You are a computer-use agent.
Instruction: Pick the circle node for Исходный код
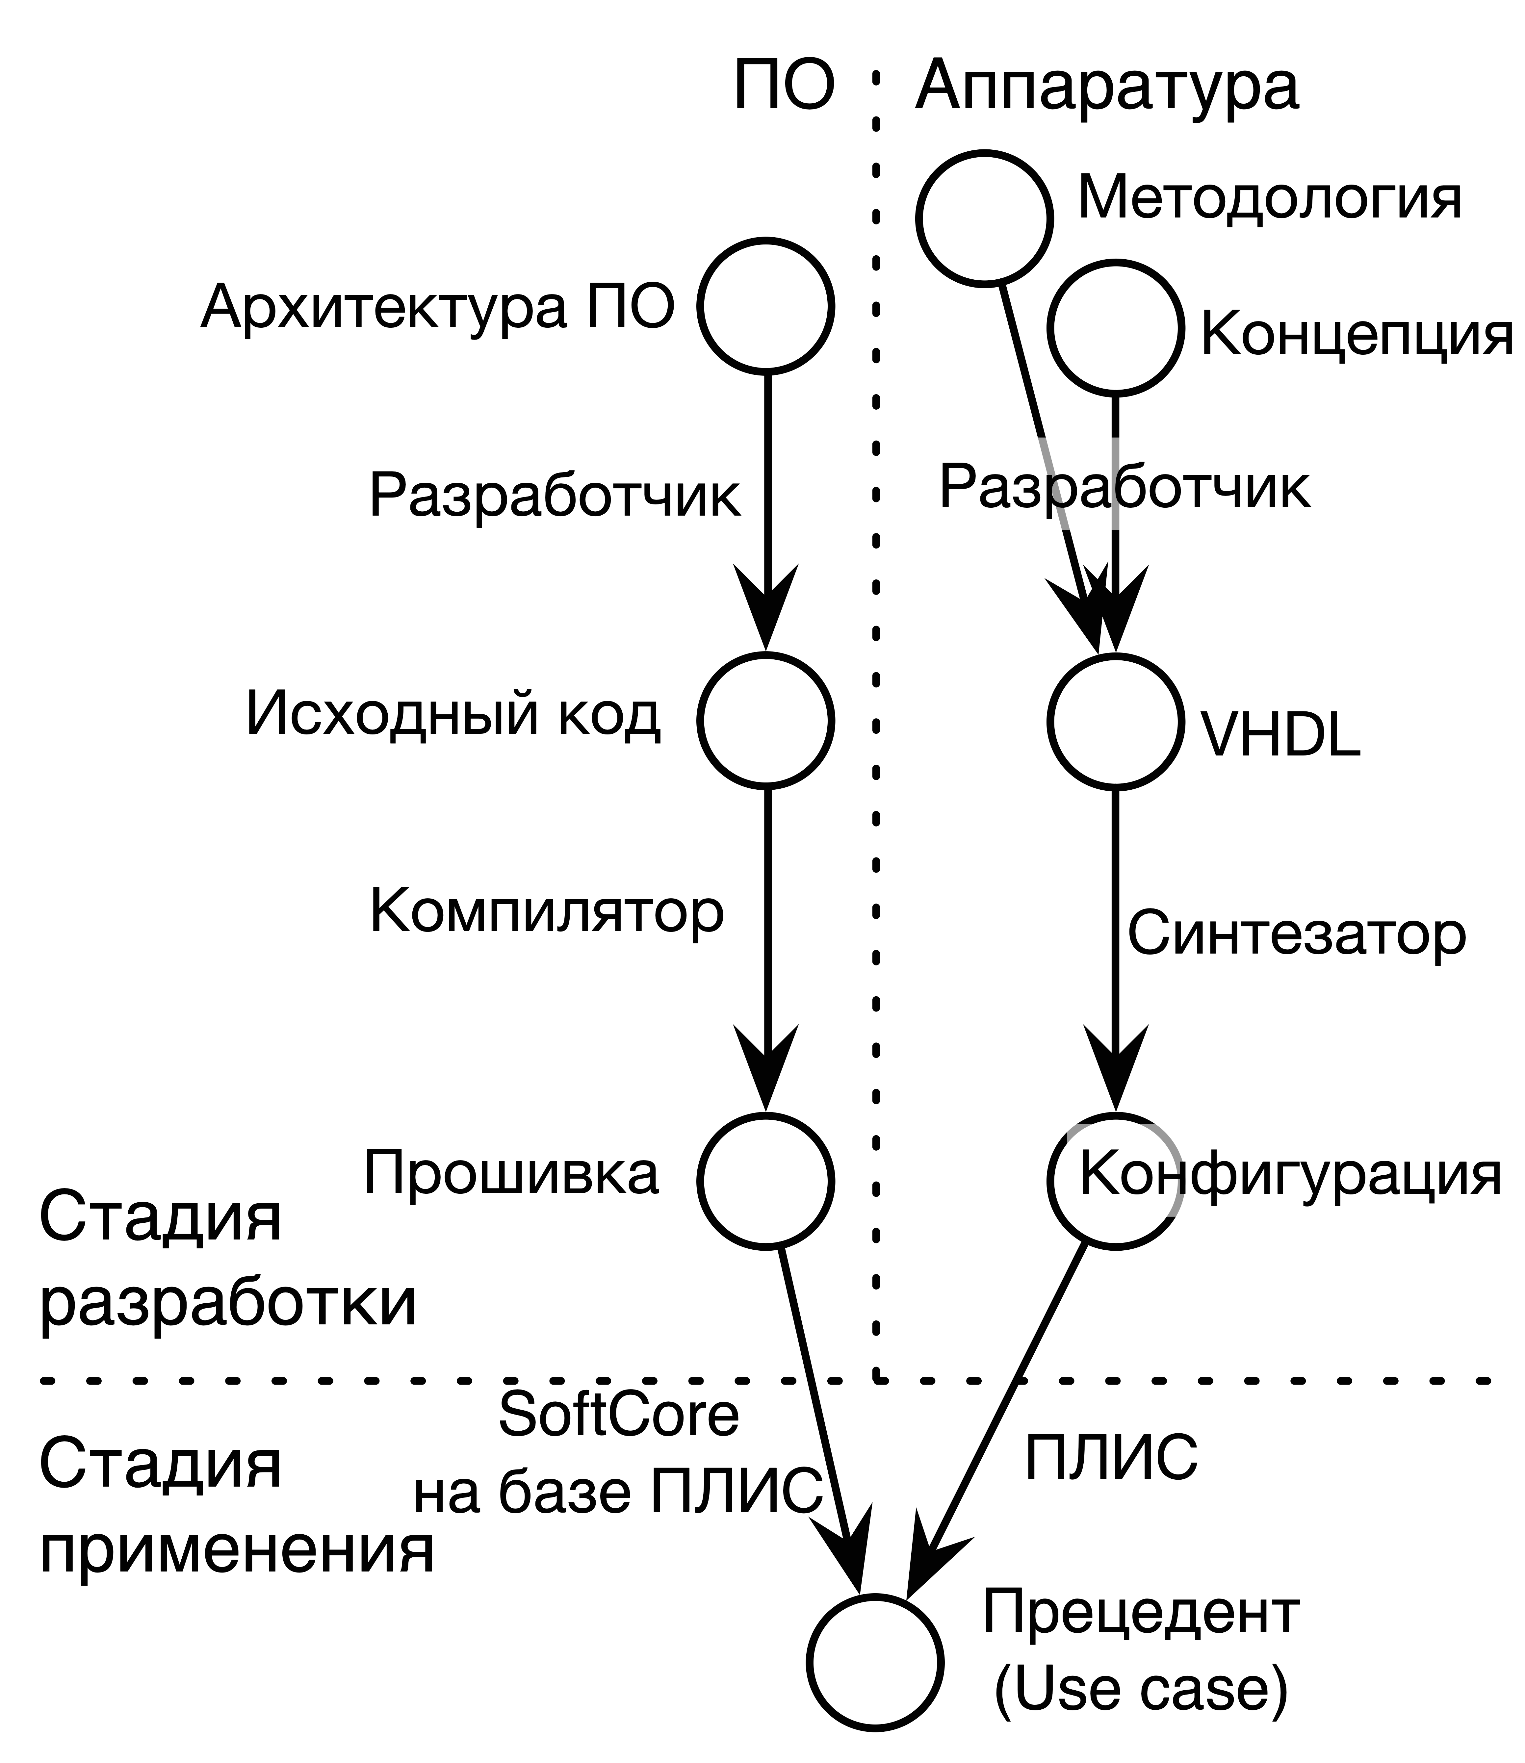click(x=765, y=720)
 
